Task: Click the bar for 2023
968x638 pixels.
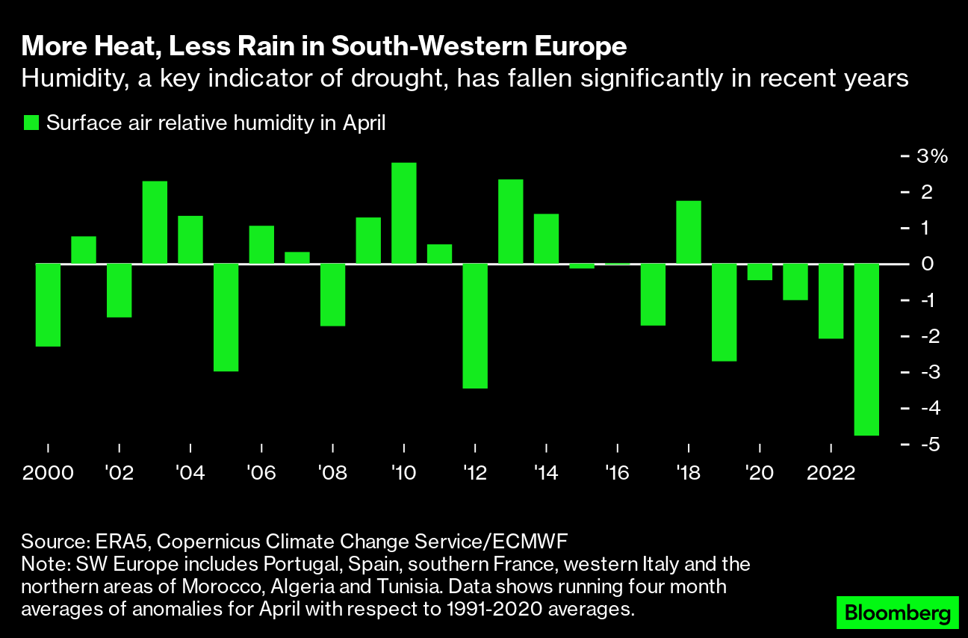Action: point(867,349)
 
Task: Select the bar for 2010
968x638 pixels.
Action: point(404,213)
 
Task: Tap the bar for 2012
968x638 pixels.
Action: point(475,326)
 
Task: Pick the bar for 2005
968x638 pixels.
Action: point(226,317)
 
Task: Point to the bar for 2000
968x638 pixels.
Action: point(48,305)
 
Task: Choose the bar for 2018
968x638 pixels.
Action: point(689,232)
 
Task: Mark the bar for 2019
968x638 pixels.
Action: point(725,312)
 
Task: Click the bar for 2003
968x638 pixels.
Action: point(155,223)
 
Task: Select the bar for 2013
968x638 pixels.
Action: point(511,222)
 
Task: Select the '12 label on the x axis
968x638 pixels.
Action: point(475,473)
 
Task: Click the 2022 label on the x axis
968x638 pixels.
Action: point(831,473)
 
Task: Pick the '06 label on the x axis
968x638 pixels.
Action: point(261,473)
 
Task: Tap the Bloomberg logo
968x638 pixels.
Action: point(897,614)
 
